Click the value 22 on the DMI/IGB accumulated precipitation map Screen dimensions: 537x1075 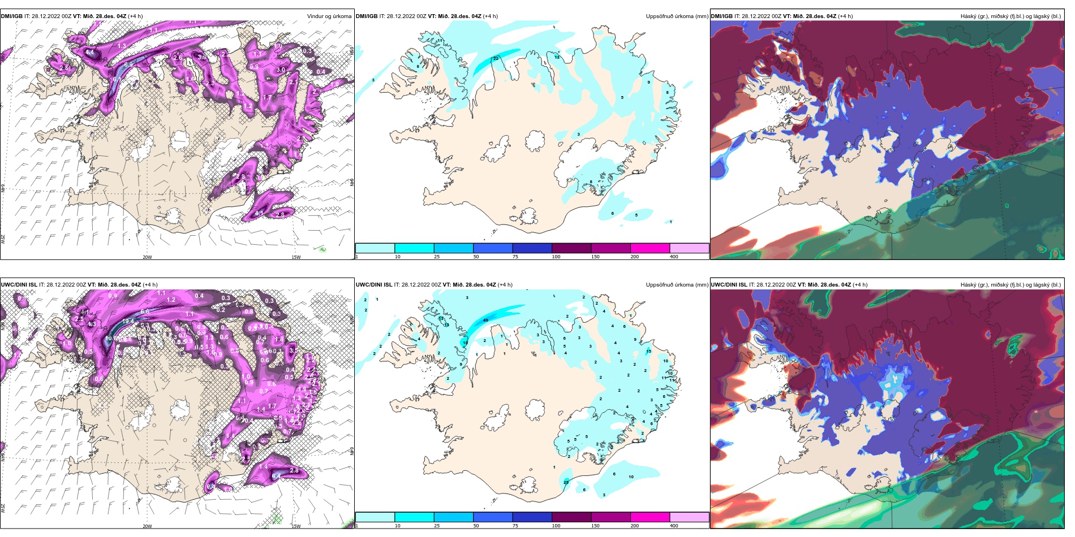pyautogui.click(x=496, y=59)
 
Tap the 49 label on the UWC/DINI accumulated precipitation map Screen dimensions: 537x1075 pyautogui.click(x=485, y=321)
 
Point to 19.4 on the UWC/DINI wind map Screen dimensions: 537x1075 pyautogui.click(x=128, y=321)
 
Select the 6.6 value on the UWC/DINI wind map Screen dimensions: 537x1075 pyautogui.click(x=145, y=311)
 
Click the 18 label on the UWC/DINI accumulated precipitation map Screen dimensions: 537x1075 pyautogui.click(x=465, y=343)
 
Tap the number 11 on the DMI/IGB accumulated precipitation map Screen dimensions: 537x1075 pyautogui.click(x=440, y=41)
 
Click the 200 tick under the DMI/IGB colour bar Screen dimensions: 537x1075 pyautogui.click(x=634, y=257)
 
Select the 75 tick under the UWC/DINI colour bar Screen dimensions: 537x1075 pyautogui.click(x=515, y=526)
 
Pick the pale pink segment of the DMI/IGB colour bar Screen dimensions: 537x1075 pyautogui.click(x=689, y=248)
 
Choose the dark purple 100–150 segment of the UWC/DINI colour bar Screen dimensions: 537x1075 pyautogui.click(x=571, y=517)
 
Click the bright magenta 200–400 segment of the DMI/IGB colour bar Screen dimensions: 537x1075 pyautogui.click(x=650, y=248)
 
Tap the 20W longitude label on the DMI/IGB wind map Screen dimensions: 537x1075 pyautogui.click(x=147, y=257)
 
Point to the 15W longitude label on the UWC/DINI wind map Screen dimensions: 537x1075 pyautogui.click(x=296, y=526)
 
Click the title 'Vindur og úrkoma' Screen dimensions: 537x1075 pyautogui.click(x=329, y=16)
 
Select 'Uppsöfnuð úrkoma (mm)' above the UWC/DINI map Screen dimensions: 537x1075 pyautogui.click(x=677, y=285)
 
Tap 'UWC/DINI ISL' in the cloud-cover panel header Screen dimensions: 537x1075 pyautogui.click(x=729, y=285)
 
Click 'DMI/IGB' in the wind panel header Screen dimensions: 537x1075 pyautogui.click(x=12, y=16)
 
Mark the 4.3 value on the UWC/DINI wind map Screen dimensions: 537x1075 pyautogui.click(x=91, y=324)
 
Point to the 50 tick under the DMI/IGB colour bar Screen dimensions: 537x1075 pyautogui.click(x=476, y=257)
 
